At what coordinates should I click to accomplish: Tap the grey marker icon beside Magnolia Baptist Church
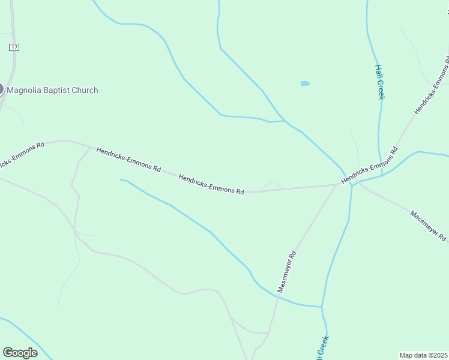(1, 89)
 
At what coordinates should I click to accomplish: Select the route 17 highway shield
(14, 47)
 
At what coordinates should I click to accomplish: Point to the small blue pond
(305, 83)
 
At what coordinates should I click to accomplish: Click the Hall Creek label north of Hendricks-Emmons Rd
(379, 82)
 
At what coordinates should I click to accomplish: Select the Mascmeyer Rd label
(287, 272)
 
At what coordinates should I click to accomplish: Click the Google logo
(20, 353)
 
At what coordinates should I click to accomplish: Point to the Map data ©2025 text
(424, 355)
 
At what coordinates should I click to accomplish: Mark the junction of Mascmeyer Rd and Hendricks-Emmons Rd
(336, 185)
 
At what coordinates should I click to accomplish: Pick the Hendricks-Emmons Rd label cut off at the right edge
(432, 85)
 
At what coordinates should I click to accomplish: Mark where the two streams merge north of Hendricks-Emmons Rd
(285, 121)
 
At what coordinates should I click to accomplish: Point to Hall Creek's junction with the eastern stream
(382, 175)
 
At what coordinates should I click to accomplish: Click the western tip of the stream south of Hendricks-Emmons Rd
(121, 179)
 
